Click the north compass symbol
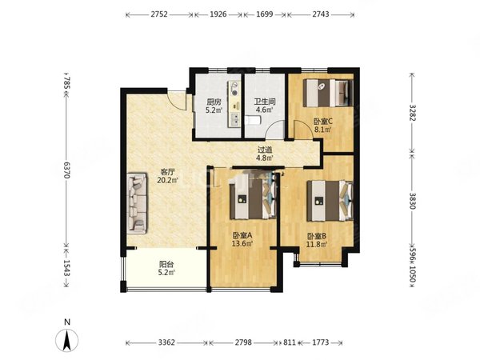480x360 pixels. (66, 340)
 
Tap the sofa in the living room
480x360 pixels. (137, 203)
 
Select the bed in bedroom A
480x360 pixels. (253, 199)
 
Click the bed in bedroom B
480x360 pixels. (330, 201)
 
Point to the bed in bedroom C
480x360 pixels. (327, 93)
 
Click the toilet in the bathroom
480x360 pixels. (253, 120)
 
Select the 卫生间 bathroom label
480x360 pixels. (264, 102)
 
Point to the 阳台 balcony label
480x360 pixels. (166, 264)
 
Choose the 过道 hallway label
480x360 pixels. (265, 150)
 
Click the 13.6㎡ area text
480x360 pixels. (242, 244)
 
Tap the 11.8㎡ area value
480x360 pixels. (317, 244)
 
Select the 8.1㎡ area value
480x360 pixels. (323, 130)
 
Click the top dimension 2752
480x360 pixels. (159, 14)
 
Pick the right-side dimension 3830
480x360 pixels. (412, 201)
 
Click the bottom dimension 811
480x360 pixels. (290, 342)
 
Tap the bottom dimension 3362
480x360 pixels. (166, 342)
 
